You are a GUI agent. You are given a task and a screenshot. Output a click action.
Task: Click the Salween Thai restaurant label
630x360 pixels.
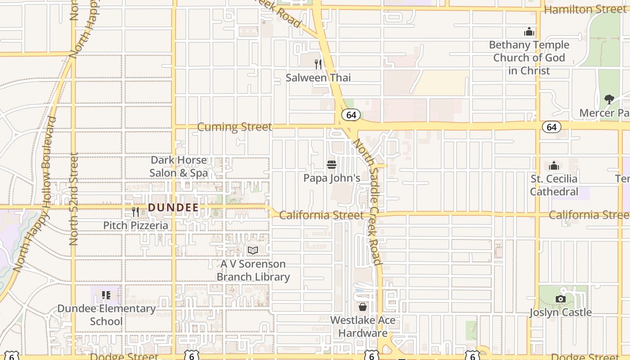pos(318,77)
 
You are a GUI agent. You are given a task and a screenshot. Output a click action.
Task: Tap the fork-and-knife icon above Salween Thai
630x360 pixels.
pos(318,64)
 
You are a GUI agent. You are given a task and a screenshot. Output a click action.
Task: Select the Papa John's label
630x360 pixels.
pos(332,178)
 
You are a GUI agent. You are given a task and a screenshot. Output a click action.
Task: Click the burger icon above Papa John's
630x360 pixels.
pos(332,165)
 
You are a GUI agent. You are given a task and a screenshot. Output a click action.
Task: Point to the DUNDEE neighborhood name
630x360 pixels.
pos(173,208)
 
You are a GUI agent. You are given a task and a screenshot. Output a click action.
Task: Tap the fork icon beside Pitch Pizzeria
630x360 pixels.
pos(135,211)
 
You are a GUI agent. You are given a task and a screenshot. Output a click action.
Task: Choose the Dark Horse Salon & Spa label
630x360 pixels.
pos(179,166)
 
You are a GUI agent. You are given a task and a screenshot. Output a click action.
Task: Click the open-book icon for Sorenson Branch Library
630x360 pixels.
pos(253,250)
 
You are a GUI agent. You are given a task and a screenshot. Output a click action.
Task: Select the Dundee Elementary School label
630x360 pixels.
pos(106,315)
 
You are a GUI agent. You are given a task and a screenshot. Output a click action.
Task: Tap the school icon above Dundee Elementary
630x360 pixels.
pos(106,295)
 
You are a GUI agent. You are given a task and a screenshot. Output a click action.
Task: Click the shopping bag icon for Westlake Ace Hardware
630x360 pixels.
pos(363,307)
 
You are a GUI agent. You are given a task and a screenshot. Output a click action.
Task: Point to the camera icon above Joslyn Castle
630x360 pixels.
pos(560,299)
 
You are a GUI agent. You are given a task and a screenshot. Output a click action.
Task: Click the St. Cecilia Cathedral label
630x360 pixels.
pos(554,185)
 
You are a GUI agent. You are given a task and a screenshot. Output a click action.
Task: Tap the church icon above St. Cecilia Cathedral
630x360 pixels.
pos(554,166)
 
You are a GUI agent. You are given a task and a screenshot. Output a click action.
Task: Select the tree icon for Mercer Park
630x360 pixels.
pos(609,99)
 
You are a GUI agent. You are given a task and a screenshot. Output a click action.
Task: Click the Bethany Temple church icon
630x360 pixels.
pos(529,31)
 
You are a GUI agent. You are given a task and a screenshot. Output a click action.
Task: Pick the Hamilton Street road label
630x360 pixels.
pos(585,9)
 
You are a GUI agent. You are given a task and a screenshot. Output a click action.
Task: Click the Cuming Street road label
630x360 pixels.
pos(234,127)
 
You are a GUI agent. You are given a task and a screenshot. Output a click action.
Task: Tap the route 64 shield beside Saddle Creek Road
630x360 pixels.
pos(351,115)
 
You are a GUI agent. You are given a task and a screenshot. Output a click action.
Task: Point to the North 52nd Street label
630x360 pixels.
pos(74,198)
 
